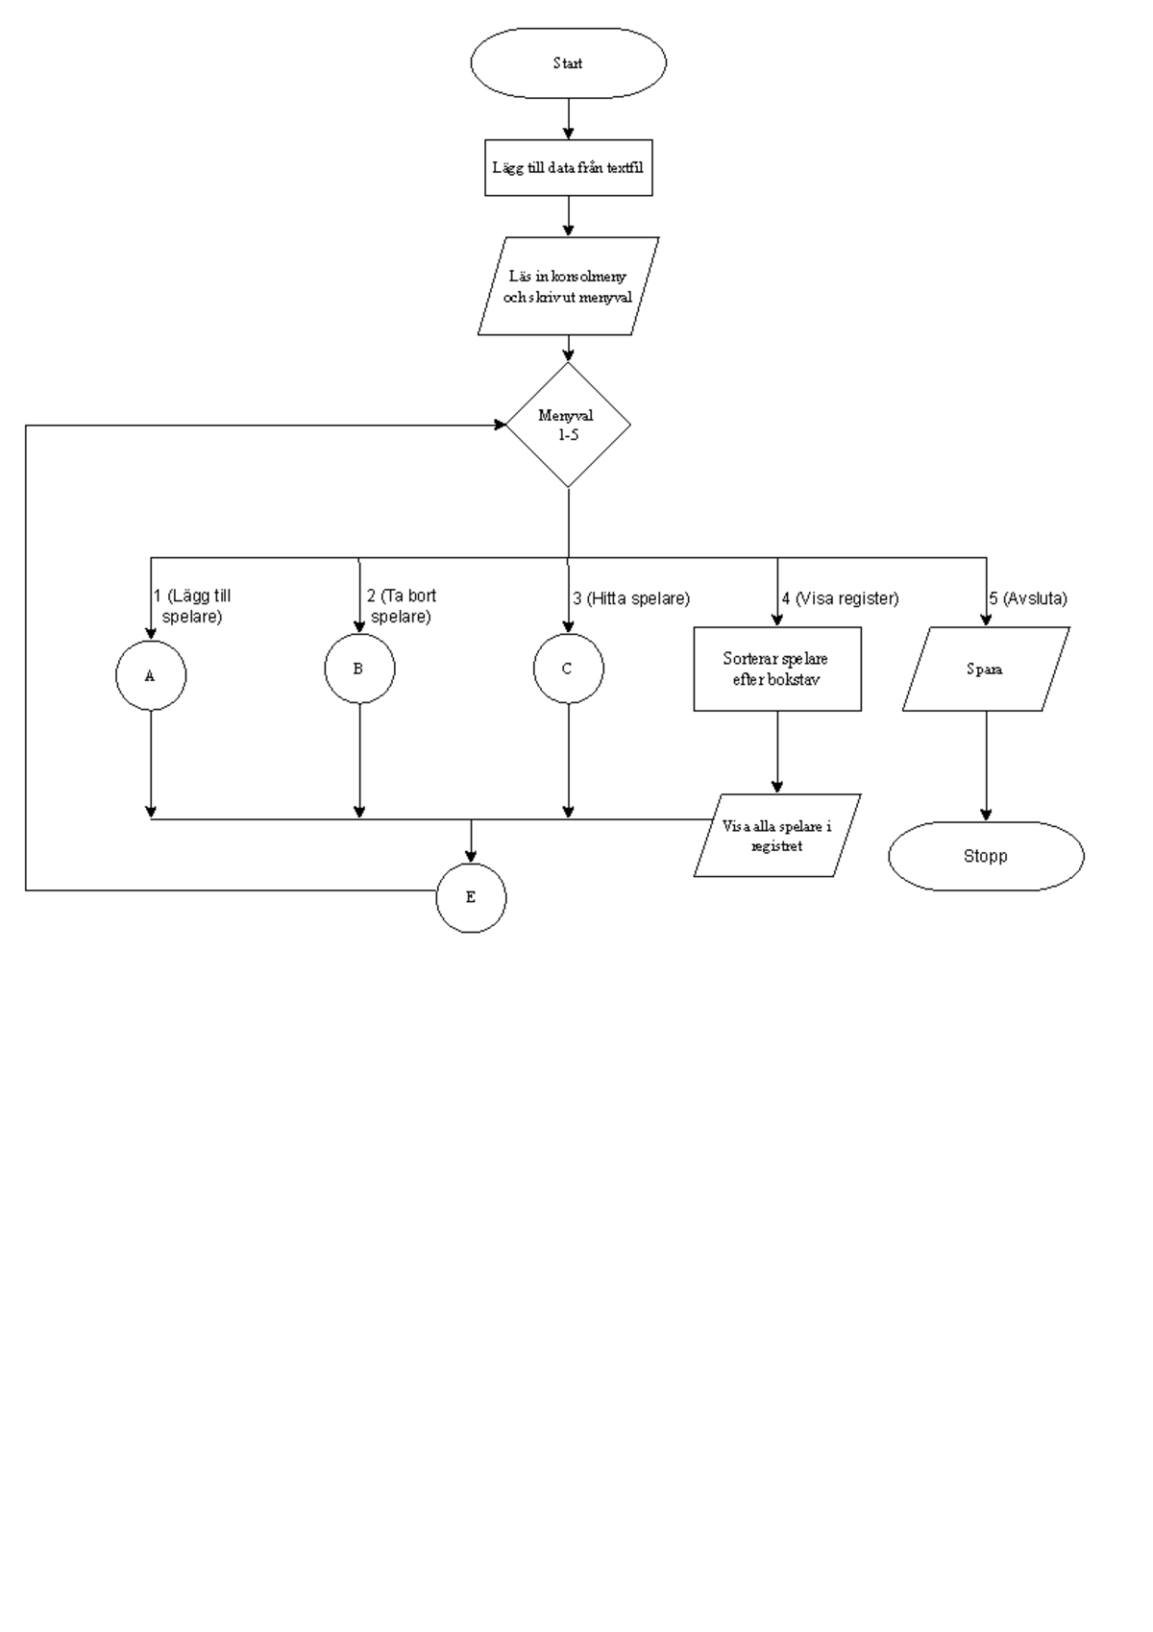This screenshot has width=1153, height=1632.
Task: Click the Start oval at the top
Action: click(568, 63)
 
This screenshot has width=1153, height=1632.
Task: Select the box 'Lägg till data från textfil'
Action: click(568, 168)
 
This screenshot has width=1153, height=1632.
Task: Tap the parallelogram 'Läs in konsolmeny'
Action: click(568, 286)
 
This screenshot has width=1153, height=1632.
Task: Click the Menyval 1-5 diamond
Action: click(568, 425)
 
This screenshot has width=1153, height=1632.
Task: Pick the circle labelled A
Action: click(151, 675)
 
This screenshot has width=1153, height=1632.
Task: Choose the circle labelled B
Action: click(359, 669)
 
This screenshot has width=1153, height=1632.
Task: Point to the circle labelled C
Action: click(568, 669)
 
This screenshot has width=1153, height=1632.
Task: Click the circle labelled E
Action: click(471, 897)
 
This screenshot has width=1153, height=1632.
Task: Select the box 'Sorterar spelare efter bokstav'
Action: click(776, 669)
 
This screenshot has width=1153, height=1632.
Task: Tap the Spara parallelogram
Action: click(986, 669)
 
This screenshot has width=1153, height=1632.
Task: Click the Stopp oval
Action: click(986, 856)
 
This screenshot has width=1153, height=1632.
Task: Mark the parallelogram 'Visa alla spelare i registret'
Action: click(776, 835)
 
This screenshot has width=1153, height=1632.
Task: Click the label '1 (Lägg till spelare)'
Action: click(193, 606)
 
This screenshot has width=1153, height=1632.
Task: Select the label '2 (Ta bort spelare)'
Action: click(402, 606)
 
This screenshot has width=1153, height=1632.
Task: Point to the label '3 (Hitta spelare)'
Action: click(631, 598)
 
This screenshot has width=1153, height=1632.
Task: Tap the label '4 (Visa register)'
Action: click(840, 598)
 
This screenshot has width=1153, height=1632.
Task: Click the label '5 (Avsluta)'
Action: click(1028, 598)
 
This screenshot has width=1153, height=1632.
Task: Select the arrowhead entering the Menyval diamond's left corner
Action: click(500, 425)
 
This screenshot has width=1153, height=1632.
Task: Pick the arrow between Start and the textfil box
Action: click(568, 120)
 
